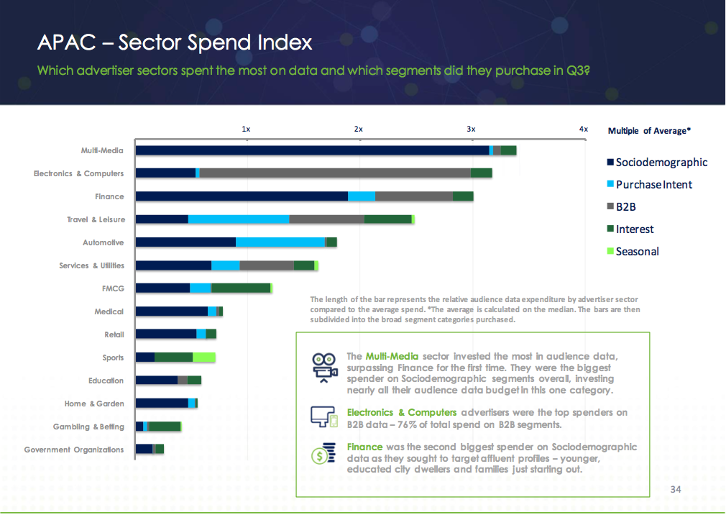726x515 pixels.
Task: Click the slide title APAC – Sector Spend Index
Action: point(175,42)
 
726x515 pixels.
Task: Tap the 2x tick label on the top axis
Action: point(358,129)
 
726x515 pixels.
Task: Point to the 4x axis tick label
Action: point(584,129)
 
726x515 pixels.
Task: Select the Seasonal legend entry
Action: point(637,252)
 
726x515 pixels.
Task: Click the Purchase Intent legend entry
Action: point(653,185)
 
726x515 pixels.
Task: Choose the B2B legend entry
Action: point(625,207)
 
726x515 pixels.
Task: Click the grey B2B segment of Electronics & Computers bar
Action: point(335,173)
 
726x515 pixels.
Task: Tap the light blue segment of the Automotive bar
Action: point(280,242)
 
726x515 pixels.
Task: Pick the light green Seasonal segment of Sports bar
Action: point(204,357)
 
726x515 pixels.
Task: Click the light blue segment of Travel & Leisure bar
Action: point(239,219)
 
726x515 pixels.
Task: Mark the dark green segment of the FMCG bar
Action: point(240,288)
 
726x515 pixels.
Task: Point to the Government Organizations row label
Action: point(74,450)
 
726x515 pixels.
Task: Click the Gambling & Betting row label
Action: point(88,427)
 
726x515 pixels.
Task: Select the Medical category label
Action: point(109,312)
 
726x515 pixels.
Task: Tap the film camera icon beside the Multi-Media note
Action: point(324,365)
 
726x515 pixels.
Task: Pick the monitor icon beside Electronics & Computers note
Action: point(323,416)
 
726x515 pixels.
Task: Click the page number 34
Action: point(675,489)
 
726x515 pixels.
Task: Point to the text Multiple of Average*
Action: point(649,131)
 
